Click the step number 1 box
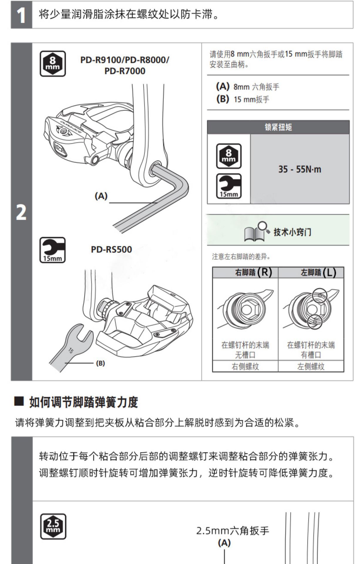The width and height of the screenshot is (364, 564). (x=21, y=15)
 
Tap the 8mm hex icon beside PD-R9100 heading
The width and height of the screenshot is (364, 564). (x=53, y=64)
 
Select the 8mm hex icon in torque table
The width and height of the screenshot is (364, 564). (x=229, y=156)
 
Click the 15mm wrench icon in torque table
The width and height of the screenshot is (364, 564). (x=229, y=186)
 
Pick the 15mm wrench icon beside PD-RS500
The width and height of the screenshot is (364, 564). (x=53, y=250)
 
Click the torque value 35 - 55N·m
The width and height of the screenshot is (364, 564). (x=300, y=169)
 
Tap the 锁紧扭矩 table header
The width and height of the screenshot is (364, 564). (x=278, y=127)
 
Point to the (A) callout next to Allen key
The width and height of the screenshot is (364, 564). (x=101, y=196)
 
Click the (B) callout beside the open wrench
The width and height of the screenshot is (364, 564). (x=100, y=363)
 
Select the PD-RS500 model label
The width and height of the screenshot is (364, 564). (x=111, y=250)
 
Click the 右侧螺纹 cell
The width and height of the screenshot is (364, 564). (x=245, y=366)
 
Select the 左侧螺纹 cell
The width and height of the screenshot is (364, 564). (x=311, y=366)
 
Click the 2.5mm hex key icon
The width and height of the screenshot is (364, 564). (x=53, y=526)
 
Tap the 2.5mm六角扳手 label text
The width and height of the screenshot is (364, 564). (x=232, y=531)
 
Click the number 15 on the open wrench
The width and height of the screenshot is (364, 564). (x=71, y=350)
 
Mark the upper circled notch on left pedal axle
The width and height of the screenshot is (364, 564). (x=319, y=295)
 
